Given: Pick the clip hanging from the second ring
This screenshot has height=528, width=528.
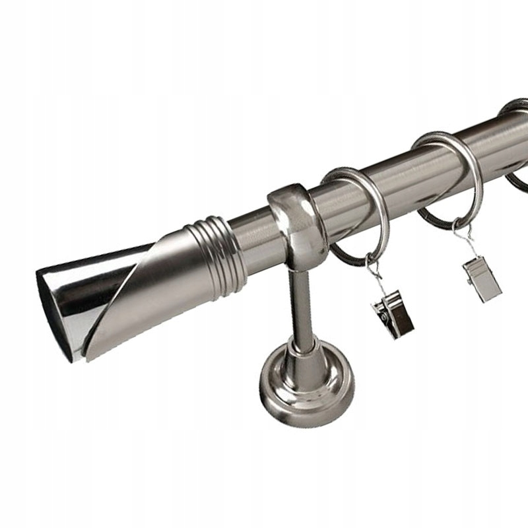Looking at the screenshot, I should tap(482, 277).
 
